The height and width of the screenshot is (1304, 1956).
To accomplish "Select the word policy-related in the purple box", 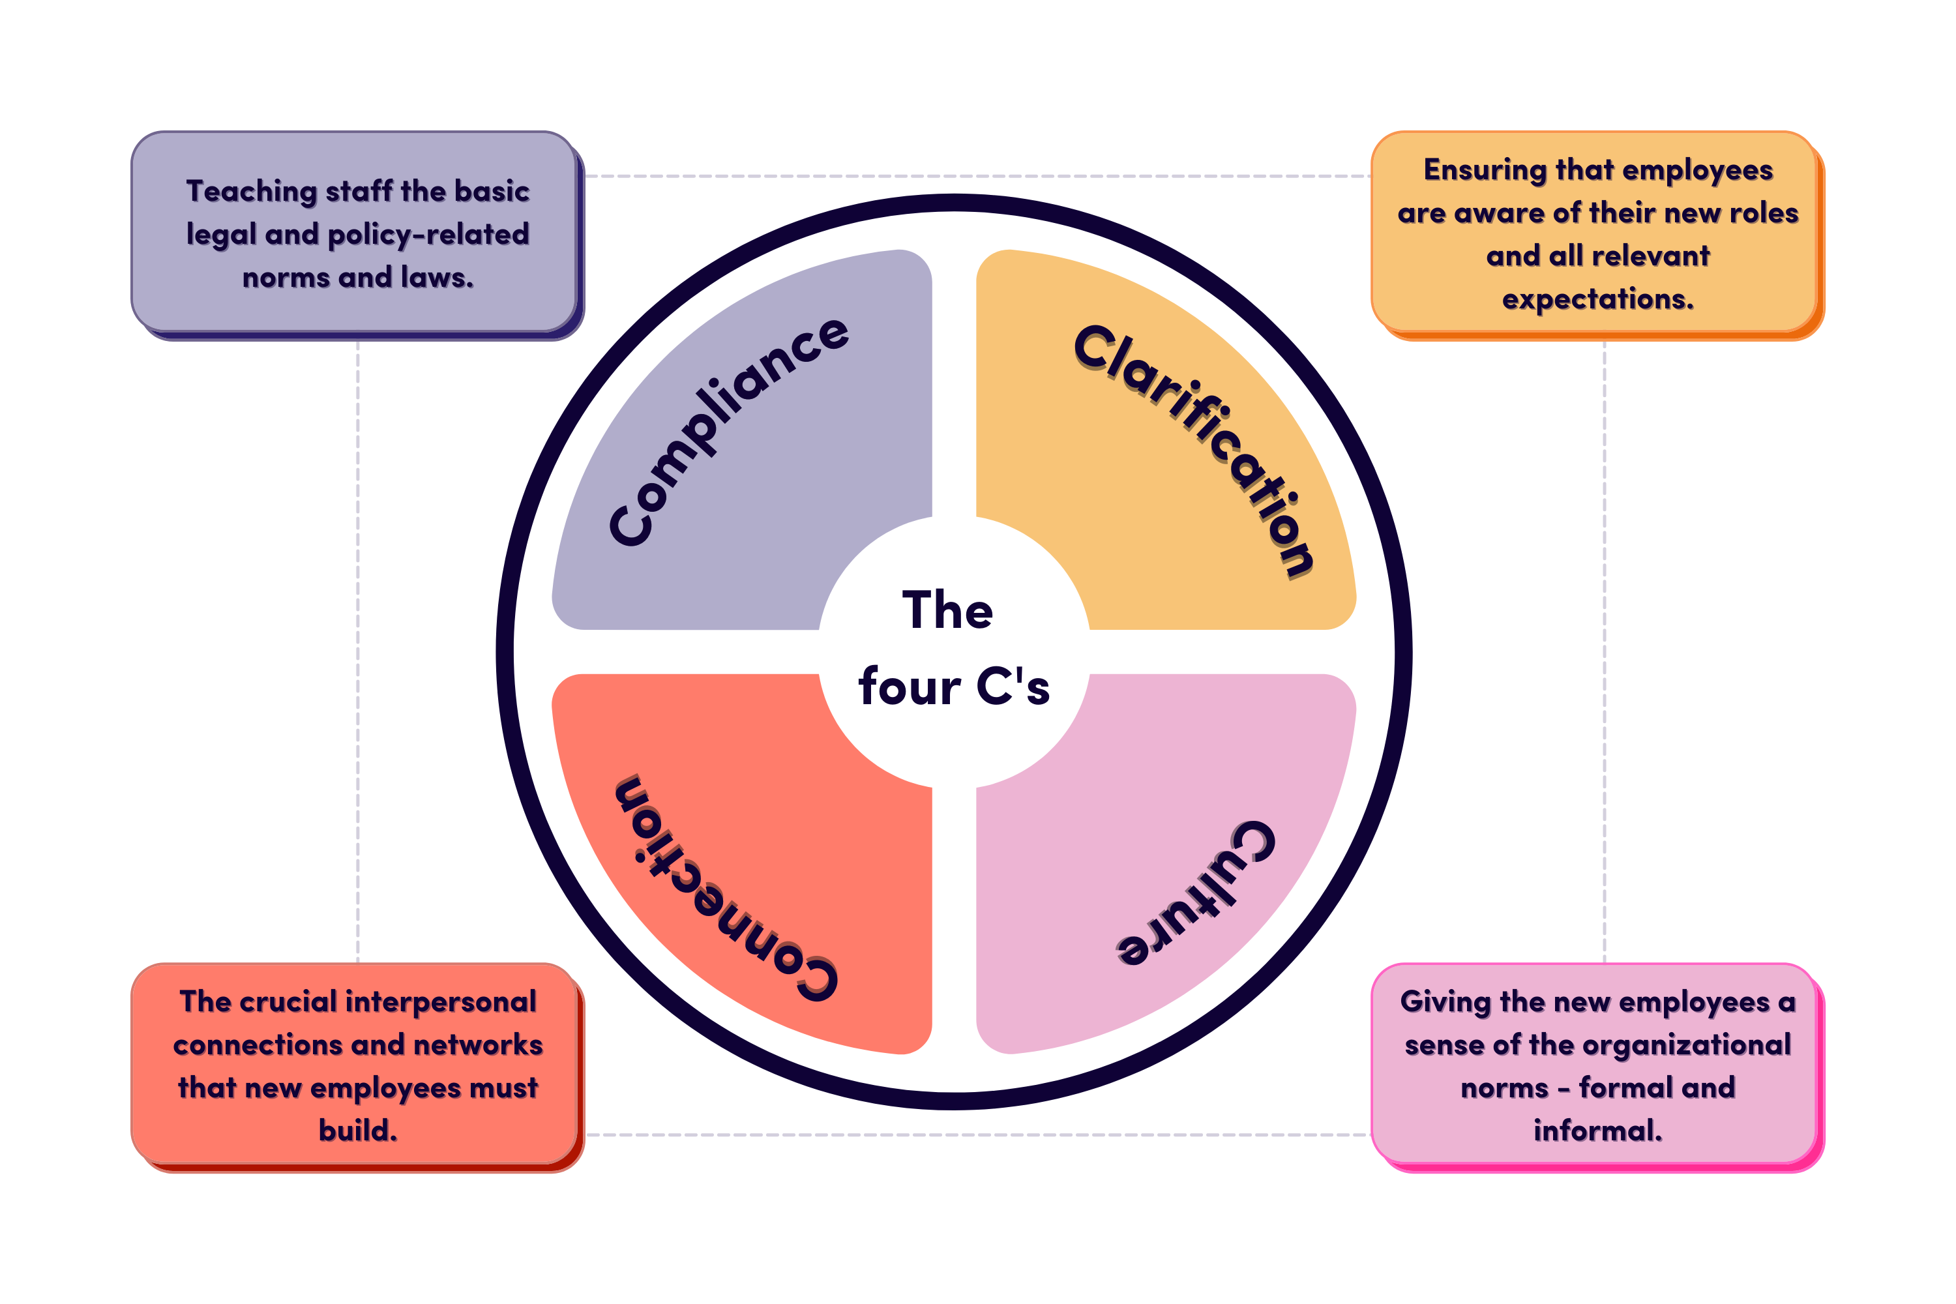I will point(428,235).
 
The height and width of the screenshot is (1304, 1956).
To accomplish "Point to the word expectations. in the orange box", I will point(1597,299).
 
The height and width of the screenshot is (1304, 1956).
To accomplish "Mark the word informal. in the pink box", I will point(1597,1131).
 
